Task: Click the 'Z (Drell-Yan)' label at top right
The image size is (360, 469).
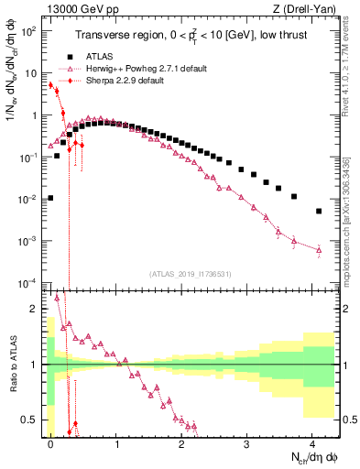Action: pyautogui.click(x=311, y=8)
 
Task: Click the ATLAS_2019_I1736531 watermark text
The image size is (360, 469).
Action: pyautogui.click(x=191, y=274)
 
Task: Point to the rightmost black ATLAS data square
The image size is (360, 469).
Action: pyautogui.click(x=319, y=211)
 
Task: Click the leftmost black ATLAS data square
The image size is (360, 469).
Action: pyautogui.click(x=50, y=198)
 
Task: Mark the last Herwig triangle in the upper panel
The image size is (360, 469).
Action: pyautogui.click(x=319, y=249)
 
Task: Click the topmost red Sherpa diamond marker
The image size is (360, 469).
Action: pyautogui.click(x=50, y=85)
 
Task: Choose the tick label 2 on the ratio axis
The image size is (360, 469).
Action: pyautogui.click(x=35, y=309)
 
